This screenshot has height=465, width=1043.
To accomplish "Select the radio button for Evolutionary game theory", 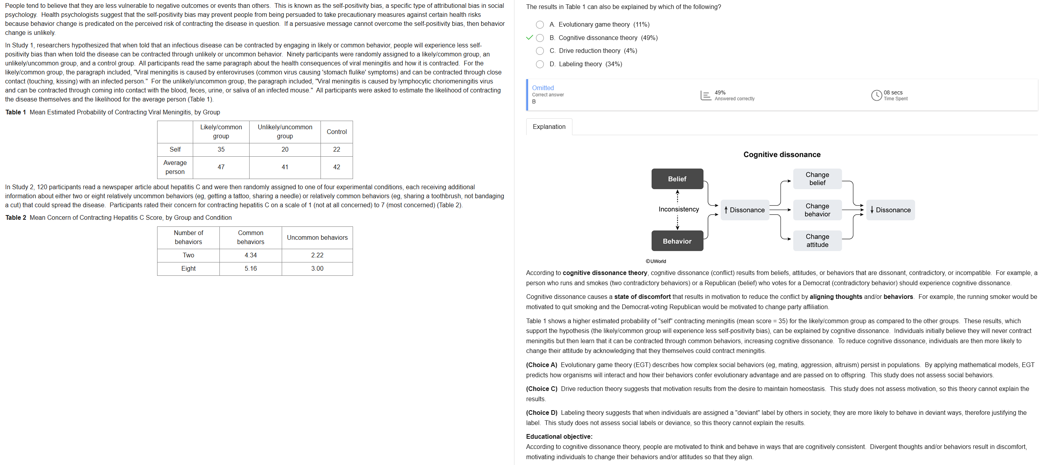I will [540, 25].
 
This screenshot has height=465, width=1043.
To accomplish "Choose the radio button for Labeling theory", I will [540, 64].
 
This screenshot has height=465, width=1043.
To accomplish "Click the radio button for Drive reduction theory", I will [540, 51].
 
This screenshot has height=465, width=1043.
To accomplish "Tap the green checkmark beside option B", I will [529, 38].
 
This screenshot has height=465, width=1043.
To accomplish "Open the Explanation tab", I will [549, 127].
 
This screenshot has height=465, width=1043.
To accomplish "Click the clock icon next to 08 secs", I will [876, 95].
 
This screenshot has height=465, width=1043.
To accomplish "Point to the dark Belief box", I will [677, 179].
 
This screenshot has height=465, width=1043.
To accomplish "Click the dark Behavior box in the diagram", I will [677, 241].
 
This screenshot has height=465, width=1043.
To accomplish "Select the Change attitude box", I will [817, 241].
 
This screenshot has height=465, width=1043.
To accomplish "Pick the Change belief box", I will [817, 179].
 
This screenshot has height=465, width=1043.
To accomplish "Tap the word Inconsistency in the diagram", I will [679, 209].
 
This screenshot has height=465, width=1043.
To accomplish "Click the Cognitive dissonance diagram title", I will [781, 155].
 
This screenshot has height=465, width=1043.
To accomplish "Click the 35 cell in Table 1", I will [221, 150].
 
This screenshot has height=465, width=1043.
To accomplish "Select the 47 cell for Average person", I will [221, 167].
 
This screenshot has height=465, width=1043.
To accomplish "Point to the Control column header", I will [337, 132].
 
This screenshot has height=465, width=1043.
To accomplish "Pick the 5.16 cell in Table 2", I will [251, 269].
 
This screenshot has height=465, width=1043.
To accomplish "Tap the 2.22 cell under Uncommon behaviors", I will [317, 255].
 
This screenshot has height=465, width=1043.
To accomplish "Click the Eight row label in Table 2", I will [188, 269].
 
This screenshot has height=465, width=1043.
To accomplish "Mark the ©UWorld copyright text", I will [655, 261].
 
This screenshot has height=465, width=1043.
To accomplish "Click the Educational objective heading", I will [559, 437].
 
